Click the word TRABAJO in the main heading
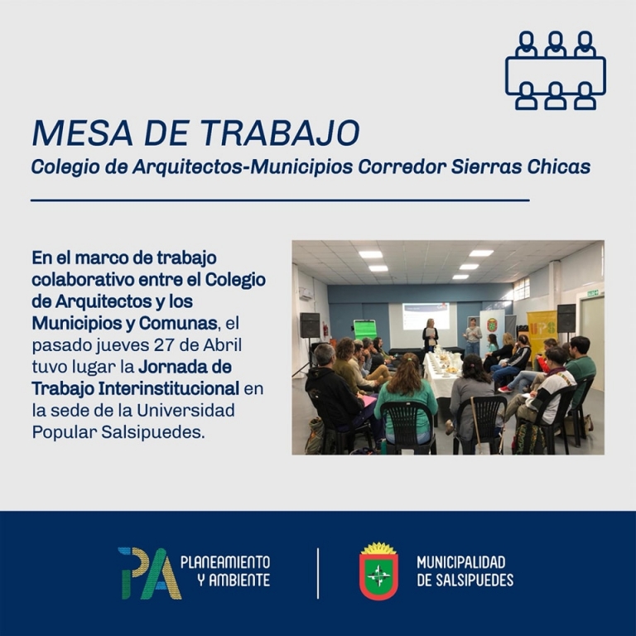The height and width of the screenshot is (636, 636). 280,132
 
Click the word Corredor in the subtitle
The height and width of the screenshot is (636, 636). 402,167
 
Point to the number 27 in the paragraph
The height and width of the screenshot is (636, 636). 165,345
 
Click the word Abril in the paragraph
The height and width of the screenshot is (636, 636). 222,345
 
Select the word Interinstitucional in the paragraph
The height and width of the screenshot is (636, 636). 169,388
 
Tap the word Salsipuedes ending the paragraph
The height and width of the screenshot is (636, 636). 152,433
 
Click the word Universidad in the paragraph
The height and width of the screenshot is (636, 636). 185,411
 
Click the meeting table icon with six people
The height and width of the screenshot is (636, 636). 556,70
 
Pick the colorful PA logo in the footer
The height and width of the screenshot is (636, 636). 150,574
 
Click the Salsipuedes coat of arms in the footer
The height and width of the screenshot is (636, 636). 378,571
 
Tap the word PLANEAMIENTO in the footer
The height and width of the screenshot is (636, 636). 225,562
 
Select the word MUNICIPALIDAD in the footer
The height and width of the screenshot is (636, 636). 461,562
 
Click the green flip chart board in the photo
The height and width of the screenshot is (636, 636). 365,330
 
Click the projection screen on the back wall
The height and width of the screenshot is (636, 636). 426,316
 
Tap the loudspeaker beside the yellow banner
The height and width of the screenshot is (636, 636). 566,318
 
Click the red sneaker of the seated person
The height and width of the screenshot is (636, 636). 505,389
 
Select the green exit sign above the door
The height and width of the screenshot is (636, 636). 592,293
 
